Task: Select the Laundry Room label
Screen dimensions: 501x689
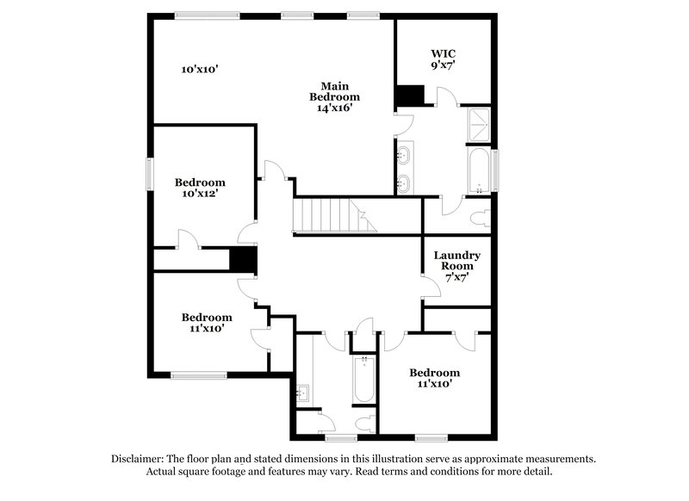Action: click(456, 261)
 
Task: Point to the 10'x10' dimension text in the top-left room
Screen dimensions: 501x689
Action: click(199, 69)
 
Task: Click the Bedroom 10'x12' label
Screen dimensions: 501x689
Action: click(200, 188)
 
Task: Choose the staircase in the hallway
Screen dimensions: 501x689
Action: click(334, 214)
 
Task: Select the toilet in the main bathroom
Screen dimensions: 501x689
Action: click(481, 215)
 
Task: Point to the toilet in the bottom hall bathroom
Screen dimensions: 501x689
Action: click(366, 423)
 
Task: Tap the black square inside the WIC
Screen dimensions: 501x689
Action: click(410, 95)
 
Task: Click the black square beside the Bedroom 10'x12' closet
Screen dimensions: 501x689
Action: click(243, 259)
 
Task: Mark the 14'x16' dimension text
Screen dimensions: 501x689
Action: click(334, 108)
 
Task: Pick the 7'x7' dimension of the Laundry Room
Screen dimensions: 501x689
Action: click(456, 278)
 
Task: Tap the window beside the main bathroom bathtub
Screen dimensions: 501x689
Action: click(497, 170)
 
